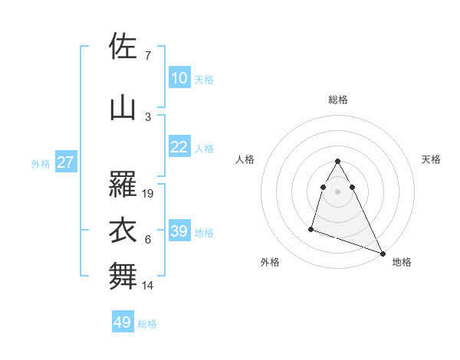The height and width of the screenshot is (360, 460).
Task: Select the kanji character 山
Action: click(x=123, y=108)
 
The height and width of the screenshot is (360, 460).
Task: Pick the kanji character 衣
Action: click(x=123, y=230)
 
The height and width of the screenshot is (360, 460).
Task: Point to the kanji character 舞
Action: click(x=123, y=276)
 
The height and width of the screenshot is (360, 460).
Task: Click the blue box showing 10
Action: click(x=179, y=78)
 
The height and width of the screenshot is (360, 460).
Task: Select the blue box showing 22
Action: click(x=179, y=147)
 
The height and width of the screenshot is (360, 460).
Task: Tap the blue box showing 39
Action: click(x=179, y=231)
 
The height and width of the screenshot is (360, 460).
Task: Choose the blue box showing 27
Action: click(x=65, y=162)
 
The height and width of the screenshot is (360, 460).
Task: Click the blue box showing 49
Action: click(x=123, y=322)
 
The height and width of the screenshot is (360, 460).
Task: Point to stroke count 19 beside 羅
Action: click(x=149, y=193)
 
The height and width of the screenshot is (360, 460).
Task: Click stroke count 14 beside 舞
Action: click(x=148, y=286)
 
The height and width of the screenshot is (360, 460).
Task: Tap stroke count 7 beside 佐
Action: click(x=147, y=55)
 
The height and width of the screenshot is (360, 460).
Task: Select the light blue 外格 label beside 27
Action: click(x=41, y=163)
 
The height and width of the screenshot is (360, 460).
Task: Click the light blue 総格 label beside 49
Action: click(x=147, y=324)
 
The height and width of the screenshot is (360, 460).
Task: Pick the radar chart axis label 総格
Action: click(x=338, y=100)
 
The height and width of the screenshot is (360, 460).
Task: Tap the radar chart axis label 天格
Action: click(x=432, y=159)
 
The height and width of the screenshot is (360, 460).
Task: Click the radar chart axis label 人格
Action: click(x=245, y=159)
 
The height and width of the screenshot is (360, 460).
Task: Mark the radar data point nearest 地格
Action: click(x=383, y=254)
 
